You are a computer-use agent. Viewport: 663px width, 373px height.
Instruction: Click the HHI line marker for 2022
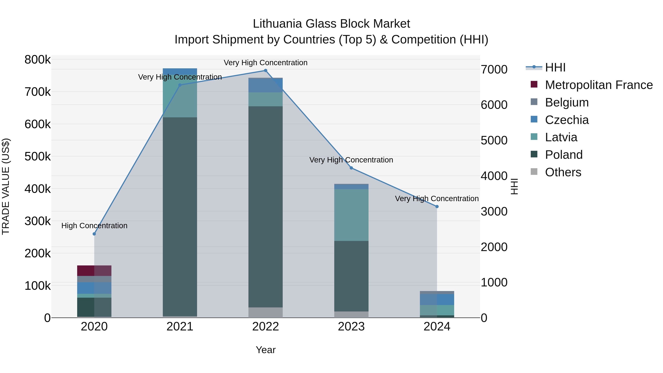[266, 71]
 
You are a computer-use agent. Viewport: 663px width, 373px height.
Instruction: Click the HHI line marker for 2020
[94, 234]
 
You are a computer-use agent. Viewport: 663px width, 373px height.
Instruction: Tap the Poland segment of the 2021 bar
[180, 216]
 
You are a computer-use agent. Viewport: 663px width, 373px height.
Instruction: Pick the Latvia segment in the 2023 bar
[351, 215]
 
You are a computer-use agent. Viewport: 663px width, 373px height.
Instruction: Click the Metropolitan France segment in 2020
[94, 271]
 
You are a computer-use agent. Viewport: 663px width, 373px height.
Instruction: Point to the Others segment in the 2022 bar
[266, 312]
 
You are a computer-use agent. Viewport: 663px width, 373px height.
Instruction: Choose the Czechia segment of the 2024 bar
[437, 299]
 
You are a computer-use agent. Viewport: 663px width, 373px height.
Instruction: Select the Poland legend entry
[564, 155]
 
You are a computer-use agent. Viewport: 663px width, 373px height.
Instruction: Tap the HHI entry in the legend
[555, 67]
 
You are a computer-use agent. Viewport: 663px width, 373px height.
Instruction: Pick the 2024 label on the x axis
[437, 327]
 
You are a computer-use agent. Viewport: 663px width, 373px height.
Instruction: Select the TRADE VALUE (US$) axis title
[6, 186]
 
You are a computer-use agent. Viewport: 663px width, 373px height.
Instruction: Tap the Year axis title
[266, 350]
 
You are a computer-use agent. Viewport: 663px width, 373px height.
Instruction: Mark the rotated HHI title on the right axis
[514, 186]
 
